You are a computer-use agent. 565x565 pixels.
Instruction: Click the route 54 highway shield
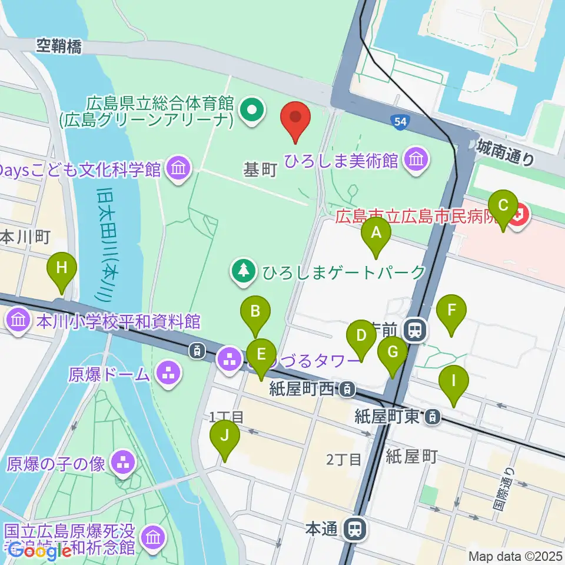pyautogui.click(x=400, y=122)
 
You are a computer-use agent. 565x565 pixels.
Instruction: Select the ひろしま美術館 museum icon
pyautogui.click(x=417, y=159)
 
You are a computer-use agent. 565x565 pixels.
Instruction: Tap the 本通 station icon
pyautogui.click(x=355, y=529)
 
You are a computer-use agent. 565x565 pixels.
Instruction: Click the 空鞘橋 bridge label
pyautogui.click(x=59, y=46)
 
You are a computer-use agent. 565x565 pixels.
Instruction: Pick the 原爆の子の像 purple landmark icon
pyautogui.click(x=123, y=462)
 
